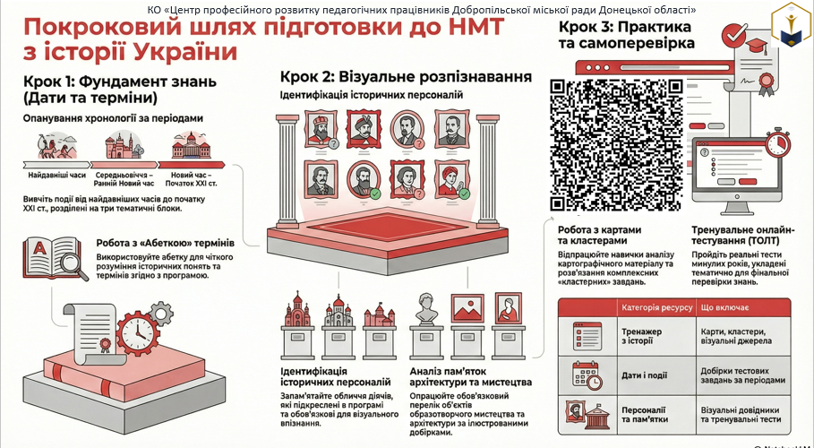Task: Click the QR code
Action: coord(616,145)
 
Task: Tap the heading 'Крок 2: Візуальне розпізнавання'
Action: coord(406,77)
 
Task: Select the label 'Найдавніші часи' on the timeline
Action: coord(57,175)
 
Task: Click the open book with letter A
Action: coord(50,257)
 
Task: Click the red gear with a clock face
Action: coord(138,333)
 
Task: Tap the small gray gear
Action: coord(161,314)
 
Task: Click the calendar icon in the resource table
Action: coord(587,375)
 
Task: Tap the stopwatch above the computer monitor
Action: coord(777,143)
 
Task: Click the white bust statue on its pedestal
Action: coord(426,309)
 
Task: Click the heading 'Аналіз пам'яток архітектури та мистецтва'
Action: coord(470,377)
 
